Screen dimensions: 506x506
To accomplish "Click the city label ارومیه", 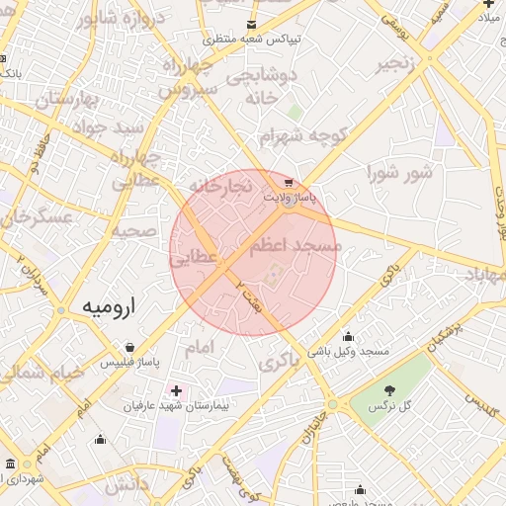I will [x=106, y=307].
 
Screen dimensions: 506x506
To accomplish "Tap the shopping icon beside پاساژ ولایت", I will [x=288, y=183].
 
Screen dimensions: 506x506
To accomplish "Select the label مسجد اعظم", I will [x=294, y=244].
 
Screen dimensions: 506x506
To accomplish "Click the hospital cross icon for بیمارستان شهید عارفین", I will [x=177, y=391].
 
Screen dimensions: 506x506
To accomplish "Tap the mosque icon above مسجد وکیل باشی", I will [x=347, y=336].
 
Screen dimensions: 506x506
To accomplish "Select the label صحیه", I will [x=133, y=230].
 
